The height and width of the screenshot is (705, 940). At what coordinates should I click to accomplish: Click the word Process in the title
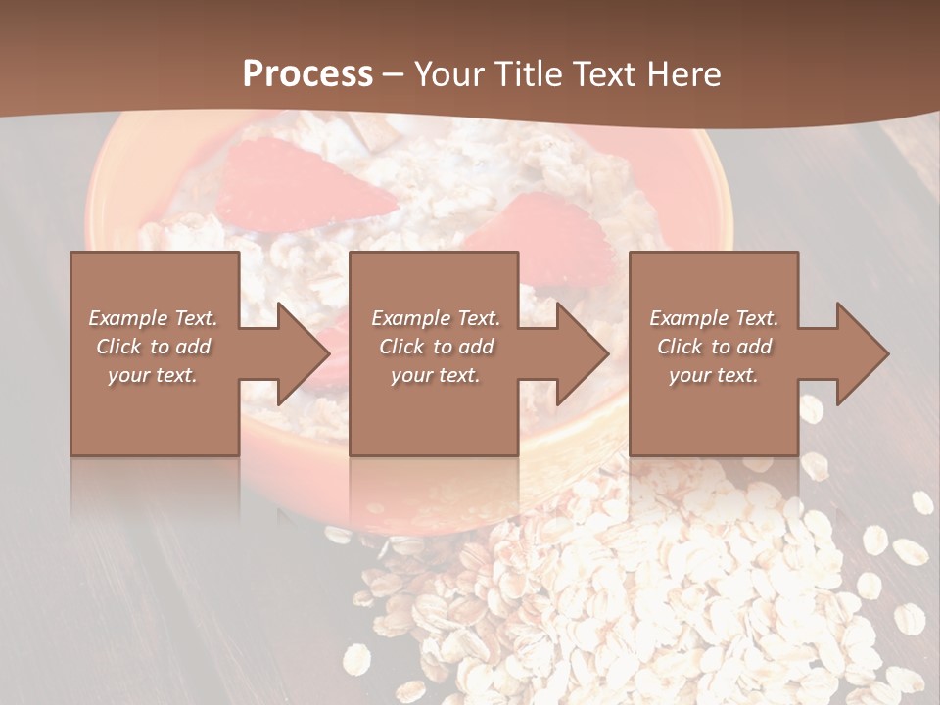click(x=307, y=74)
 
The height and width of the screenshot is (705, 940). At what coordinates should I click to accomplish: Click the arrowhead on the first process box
click(x=302, y=353)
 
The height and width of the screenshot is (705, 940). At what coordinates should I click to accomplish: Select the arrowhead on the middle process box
click(x=581, y=353)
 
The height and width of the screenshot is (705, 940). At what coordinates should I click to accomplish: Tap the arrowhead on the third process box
click(x=861, y=353)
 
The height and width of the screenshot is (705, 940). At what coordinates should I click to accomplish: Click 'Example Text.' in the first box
click(x=153, y=318)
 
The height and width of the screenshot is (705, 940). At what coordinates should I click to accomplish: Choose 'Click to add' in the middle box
click(x=436, y=347)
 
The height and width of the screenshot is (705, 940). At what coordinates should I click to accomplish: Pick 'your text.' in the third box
click(x=713, y=375)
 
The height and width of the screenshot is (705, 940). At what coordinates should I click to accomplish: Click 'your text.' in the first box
click(x=153, y=375)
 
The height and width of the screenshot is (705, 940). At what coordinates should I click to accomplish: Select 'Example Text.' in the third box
click(x=714, y=318)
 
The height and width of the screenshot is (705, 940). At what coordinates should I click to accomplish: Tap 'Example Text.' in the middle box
click(x=436, y=318)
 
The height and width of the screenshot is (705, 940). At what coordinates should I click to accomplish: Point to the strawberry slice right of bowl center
click(x=534, y=235)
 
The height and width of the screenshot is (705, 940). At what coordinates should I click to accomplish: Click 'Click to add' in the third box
click(x=714, y=347)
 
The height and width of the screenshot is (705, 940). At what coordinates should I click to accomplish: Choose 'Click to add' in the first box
click(x=153, y=347)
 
